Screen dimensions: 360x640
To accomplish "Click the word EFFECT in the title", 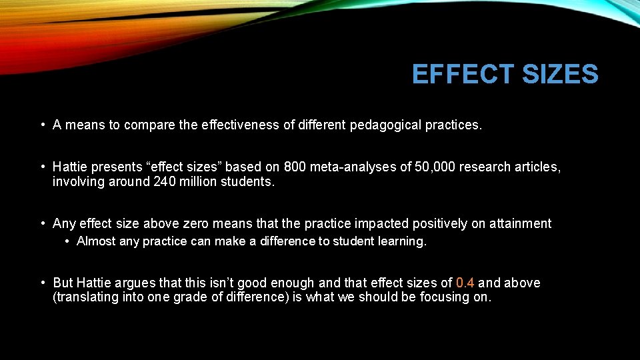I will point(463,75).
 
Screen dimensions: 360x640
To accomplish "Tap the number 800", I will point(295,167).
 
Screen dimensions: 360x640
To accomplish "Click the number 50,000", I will point(433,167).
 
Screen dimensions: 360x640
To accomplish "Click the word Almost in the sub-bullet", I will point(96,241).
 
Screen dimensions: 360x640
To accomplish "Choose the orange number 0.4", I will point(465,283).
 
